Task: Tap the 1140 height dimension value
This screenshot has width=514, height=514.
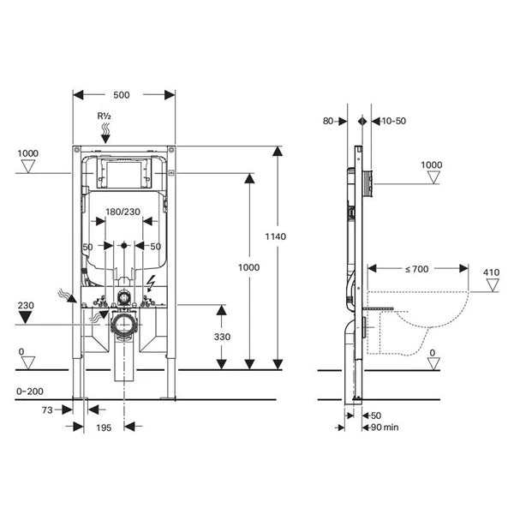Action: [275, 236]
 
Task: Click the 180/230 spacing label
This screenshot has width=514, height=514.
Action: [124, 211]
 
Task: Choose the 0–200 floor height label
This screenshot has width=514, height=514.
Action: [31, 391]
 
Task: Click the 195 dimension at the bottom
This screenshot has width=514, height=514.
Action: [105, 426]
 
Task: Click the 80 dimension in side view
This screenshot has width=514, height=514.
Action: [331, 121]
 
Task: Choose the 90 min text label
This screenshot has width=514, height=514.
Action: [382, 427]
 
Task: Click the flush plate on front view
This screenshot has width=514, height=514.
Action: [124, 174]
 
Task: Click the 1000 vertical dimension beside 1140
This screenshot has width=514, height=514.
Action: [248, 267]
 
